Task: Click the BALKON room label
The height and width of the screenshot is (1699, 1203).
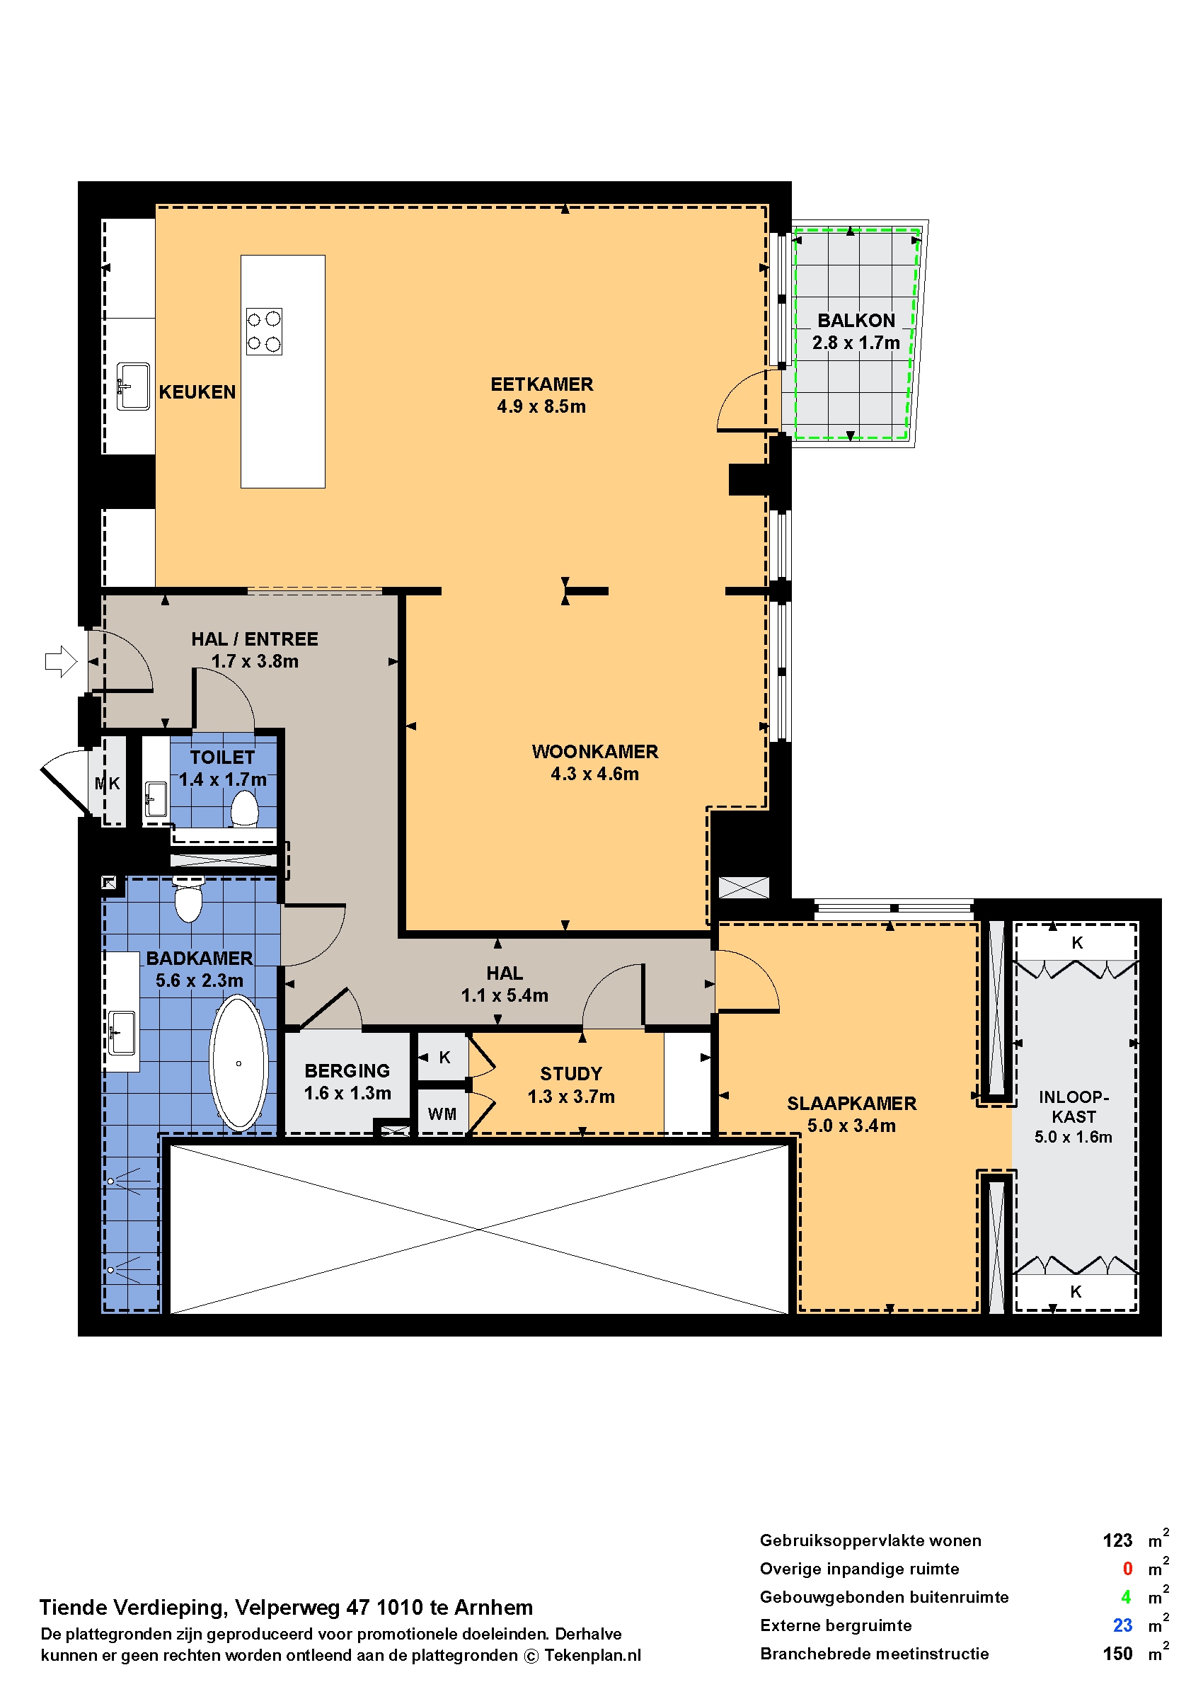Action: [856, 320]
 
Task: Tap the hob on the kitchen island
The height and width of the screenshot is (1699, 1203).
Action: [264, 331]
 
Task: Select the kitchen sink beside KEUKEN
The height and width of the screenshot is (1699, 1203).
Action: [133, 386]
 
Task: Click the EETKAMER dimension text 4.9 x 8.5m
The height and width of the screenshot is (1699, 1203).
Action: [541, 406]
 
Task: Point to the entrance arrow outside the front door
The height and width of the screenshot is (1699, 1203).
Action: [61, 661]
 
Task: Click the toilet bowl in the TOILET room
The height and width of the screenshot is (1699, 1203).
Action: [244, 808]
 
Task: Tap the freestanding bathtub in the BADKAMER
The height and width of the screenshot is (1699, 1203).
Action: [238, 1063]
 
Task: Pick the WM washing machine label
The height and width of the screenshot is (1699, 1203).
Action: [442, 1114]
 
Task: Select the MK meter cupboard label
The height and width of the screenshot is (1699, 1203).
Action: [108, 783]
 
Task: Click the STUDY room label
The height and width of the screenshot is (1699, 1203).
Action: [570, 1074]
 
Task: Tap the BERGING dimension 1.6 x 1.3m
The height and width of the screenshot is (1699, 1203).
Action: [347, 1093]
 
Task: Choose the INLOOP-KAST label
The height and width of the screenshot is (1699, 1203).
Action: [1074, 1107]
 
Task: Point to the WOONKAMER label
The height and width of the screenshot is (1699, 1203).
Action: [595, 751]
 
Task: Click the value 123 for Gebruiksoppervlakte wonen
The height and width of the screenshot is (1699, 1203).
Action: [1117, 1540]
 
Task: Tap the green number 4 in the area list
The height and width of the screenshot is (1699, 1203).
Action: [1126, 1597]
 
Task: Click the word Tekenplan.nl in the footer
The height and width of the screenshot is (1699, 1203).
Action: [592, 1655]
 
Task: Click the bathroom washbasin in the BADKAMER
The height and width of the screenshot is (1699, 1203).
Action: [122, 1032]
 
